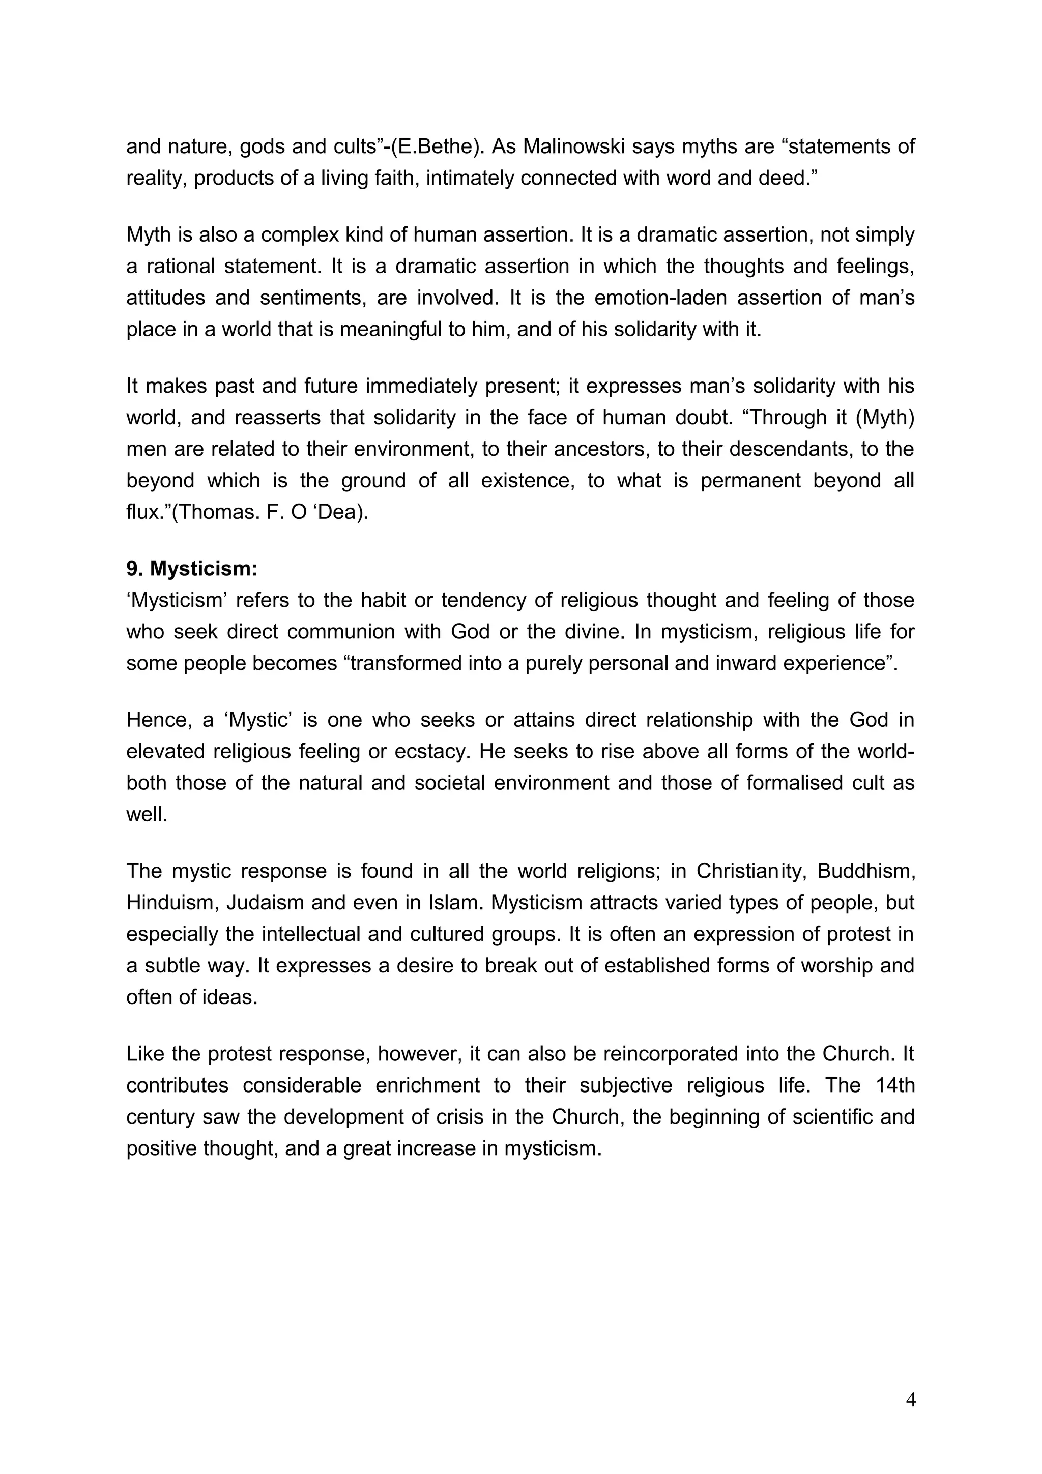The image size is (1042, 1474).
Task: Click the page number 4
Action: (910, 1400)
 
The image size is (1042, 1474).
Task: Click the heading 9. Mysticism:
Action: (191, 569)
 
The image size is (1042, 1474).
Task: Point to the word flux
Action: (144, 512)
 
